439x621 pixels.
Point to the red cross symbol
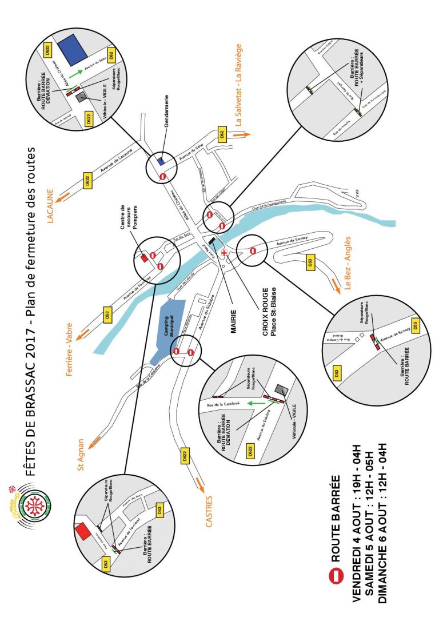tap(224, 252)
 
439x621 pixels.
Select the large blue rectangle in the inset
tap(73, 46)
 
